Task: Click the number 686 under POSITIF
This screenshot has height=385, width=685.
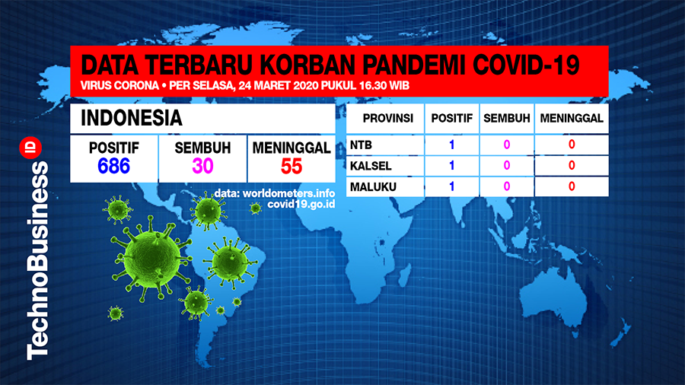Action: click(113, 167)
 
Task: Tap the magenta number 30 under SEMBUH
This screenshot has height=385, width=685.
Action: click(202, 167)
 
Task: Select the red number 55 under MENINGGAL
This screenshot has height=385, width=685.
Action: click(292, 167)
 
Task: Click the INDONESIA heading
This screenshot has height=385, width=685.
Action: click(132, 118)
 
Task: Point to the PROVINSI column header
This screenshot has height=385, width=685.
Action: click(388, 118)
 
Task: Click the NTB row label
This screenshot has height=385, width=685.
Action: click(361, 145)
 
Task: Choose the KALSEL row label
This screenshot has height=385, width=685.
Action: click(371, 166)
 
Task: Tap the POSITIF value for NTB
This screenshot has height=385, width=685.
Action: click(451, 145)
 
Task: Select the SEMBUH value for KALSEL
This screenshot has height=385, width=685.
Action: click(507, 166)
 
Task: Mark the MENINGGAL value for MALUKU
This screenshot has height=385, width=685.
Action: click(572, 187)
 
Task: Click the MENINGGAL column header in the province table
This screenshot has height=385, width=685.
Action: click(572, 118)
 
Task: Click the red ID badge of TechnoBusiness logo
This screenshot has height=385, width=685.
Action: click(30, 148)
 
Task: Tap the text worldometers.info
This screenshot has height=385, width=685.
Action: click(288, 193)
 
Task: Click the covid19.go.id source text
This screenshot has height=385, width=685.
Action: click(301, 204)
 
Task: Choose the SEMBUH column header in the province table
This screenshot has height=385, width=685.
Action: click(507, 118)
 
